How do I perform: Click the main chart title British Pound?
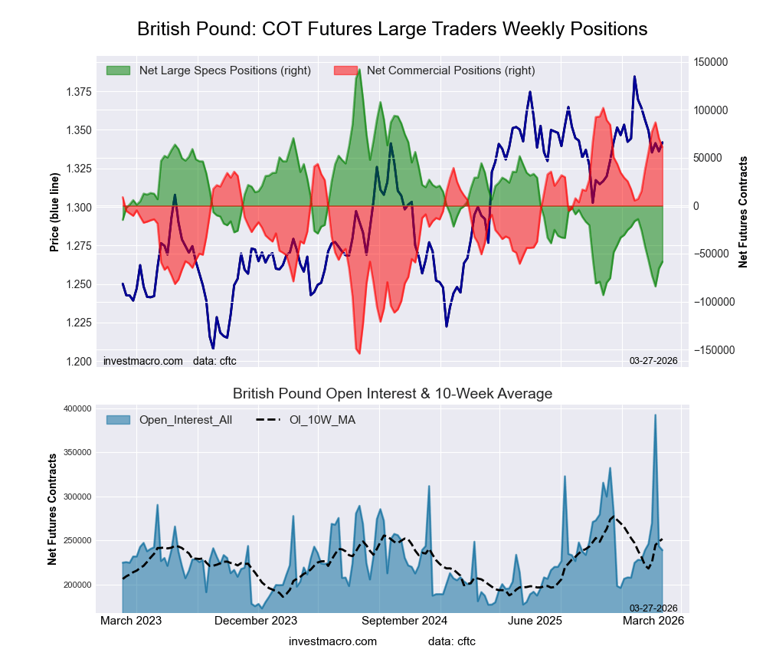tap(392, 29)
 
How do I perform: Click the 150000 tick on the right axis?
tap(712, 62)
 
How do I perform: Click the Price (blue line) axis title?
tap(54, 207)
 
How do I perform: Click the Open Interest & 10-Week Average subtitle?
tap(392, 394)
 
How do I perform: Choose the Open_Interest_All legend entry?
tap(185, 419)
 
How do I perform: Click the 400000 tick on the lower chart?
tap(75, 408)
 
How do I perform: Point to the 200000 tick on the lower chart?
tap(75, 585)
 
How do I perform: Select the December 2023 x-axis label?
tap(256, 620)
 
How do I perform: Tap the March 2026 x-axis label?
tap(653, 620)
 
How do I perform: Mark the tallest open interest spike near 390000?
tap(655, 415)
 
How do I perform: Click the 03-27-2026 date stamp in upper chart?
tap(653, 361)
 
